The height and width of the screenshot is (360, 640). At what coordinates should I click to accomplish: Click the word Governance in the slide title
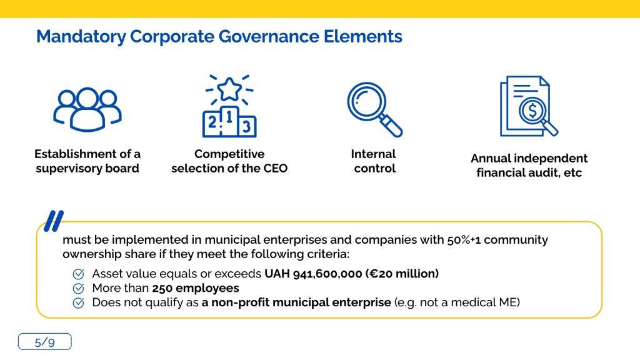[x=269, y=36]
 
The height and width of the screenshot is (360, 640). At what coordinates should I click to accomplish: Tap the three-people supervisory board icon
[x=87, y=109]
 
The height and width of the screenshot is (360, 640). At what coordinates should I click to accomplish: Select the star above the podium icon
[x=229, y=89]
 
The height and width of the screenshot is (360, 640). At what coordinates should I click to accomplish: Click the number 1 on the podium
[x=229, y=117]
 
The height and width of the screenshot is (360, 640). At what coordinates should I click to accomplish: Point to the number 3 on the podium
[x=246, y=126]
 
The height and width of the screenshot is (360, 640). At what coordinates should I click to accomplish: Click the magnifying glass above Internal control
[x=375, y=109]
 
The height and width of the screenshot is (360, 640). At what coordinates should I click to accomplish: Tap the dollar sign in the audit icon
[x=532, y=111]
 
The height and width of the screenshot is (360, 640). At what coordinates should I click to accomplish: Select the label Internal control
[x=374, y=161]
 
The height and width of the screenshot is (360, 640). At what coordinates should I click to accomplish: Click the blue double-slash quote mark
[x=54, y=221]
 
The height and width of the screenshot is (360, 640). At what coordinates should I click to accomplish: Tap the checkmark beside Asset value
[x=78, y=274]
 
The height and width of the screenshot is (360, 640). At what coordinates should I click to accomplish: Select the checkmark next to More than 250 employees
[x=78, y=289]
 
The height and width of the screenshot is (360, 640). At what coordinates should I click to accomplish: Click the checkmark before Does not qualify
[x=78, y=303]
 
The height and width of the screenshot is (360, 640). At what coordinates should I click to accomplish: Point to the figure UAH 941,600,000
[x=313, y=274]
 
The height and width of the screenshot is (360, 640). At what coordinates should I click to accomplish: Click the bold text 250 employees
[x=196, y=288]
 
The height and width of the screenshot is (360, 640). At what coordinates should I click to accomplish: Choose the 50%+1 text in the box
[x=463, y=240]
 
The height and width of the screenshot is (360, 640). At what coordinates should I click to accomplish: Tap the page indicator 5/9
[x=45, y=342]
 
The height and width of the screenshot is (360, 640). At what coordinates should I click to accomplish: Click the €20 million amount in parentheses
[x=402, y=274]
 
